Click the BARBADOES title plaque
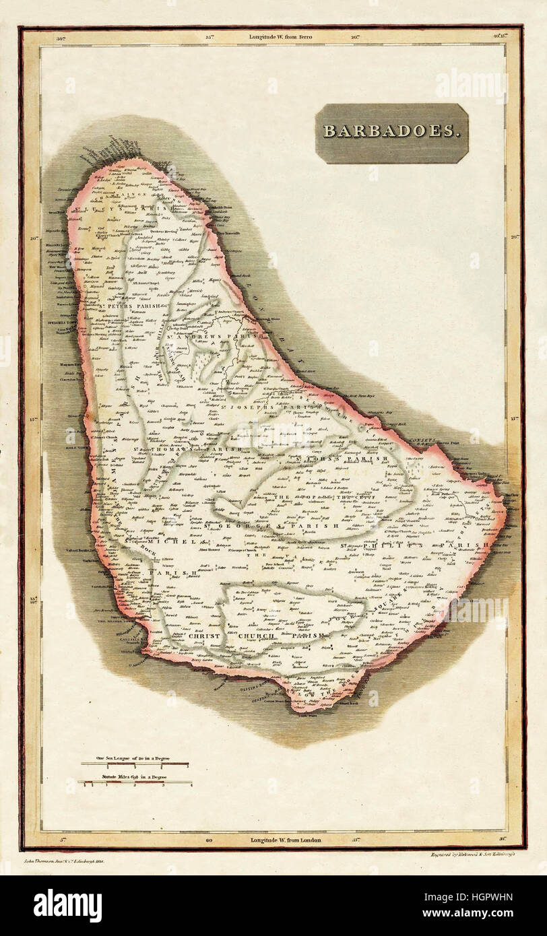click(x=391, y=133)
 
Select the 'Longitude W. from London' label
click(x=286, y=840)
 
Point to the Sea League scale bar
click(x=135, y=764)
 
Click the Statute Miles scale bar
click(x=135, y=782)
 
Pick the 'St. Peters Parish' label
click(x=131, y=306)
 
